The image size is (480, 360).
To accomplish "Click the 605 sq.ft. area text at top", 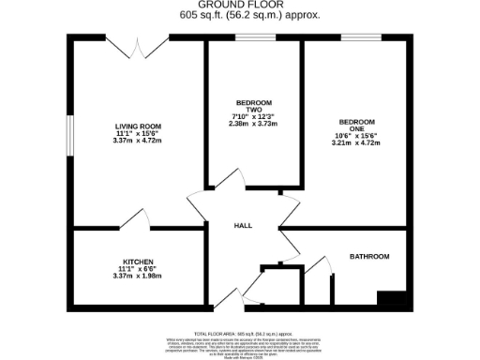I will [239, 16].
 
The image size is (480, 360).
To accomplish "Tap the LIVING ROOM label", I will [139, 127].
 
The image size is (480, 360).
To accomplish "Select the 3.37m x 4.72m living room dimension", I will [139, 142].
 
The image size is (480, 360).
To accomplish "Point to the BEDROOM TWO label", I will [253, 105].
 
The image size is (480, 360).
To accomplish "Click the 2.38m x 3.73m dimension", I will [253, 123].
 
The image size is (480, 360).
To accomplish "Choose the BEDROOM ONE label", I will [356, 127].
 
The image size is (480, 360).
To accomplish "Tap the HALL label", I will [243, 225].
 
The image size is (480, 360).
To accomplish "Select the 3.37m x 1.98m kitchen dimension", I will [138, 276].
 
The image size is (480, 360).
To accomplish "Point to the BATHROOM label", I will [368, 256].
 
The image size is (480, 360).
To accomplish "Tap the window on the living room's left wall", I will [68, 131].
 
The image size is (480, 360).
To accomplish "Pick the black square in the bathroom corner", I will [391, 299].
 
